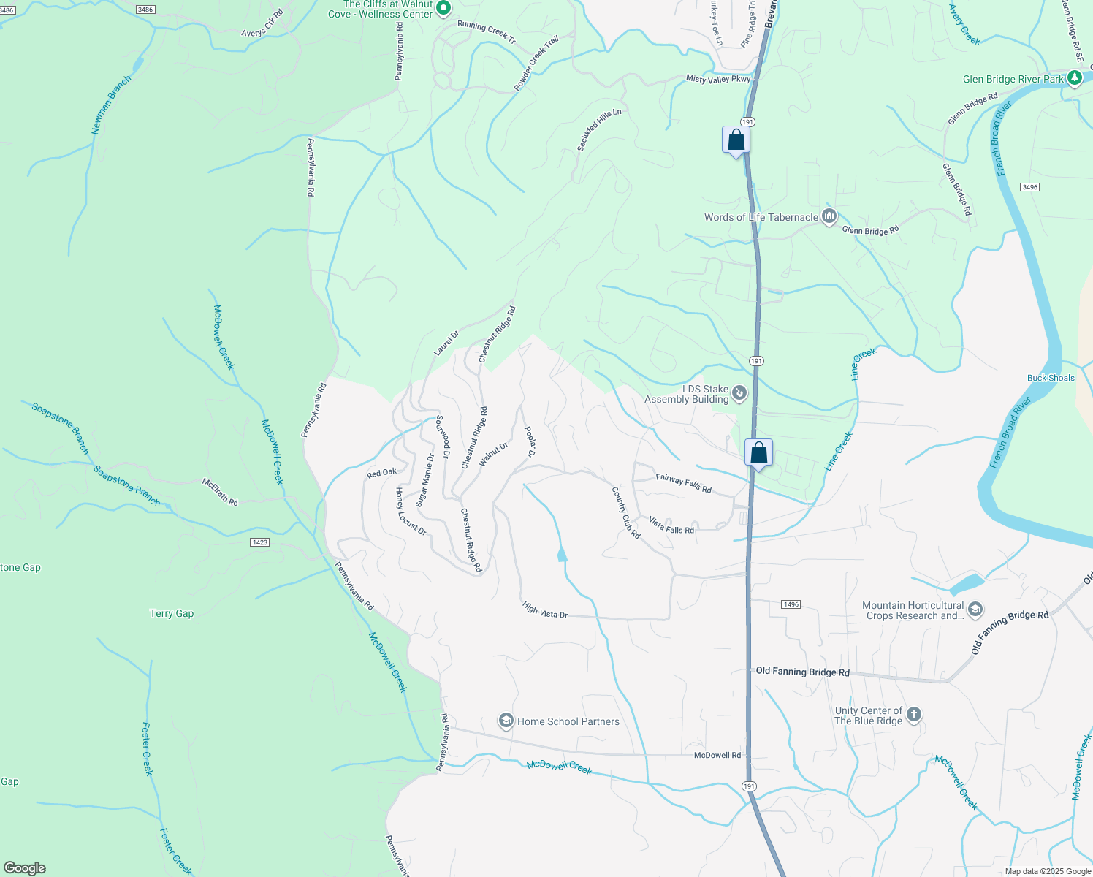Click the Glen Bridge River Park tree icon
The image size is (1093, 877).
pos(1074,77)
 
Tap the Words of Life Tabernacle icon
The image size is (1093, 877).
pos(829,216)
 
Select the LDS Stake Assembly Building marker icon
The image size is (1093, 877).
pos(739,394)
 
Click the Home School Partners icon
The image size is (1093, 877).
pos(506,721)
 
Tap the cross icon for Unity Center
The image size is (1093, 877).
pos(914,715)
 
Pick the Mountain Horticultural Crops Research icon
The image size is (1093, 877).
pos(975,610)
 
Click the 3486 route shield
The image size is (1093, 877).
pos(145,10)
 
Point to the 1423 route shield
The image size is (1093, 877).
pos(259,542)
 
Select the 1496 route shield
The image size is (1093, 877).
pos(791,604)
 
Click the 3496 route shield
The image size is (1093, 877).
pos(1029,187)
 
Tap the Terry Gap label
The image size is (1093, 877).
pos(172,614)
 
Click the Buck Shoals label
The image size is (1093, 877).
pos(1051,378)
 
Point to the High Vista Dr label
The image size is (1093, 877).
pos(545,610)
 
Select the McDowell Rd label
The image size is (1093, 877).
pos(717,756)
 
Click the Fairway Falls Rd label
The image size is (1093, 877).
pos(683,484)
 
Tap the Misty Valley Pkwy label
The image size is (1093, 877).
pos(718,79)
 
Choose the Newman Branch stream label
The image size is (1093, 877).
pos(111,105)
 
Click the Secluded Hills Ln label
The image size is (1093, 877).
pos(599,130)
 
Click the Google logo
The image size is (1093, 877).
pos(24,868)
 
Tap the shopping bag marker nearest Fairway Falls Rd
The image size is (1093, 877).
pos(759,453)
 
